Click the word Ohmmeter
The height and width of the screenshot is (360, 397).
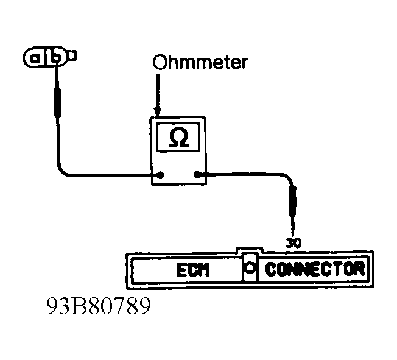coord(200,62)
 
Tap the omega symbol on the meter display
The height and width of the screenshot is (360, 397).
coord(178,138)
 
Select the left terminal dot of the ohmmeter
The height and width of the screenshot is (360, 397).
coord(161,175)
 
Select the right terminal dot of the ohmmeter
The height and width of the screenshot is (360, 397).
coord(197,175)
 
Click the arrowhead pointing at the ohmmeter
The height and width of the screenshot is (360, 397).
coord(158,112)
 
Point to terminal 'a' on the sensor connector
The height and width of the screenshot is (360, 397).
coord(35,58)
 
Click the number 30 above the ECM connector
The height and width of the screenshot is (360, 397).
coord(293,242)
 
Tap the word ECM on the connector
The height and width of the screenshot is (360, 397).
coord(193,270)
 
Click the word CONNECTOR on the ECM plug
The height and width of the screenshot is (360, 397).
coord(315,269)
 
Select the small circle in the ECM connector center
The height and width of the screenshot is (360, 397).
coord(250,267)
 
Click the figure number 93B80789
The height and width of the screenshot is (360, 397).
coord(99,306)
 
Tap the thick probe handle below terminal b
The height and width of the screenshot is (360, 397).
coord(58,102)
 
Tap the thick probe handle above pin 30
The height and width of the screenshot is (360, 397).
coord(293,200)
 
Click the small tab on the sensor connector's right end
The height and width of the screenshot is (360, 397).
coord(72,56)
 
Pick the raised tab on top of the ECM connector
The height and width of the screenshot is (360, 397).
coord(250,250)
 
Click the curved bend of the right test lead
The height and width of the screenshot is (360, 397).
coord(289,178)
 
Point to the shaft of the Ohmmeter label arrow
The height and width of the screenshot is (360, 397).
coord(158,91)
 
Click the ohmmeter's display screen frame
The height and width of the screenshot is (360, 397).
coord(157,137)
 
